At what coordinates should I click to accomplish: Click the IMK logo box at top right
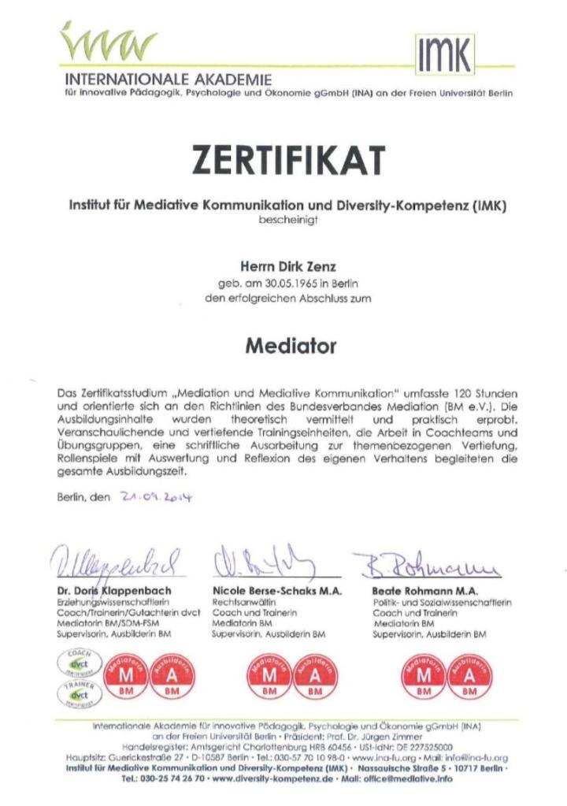pos(445,55)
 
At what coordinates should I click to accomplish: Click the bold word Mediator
pos(290,345)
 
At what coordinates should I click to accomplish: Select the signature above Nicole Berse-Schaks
pos(264,561)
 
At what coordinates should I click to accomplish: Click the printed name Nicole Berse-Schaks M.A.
pos(276,590)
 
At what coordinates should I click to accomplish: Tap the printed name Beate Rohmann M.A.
pos(423,590)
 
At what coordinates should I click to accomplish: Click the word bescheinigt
pos(287,221)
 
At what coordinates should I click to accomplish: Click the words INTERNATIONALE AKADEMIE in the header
pos(169,80)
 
